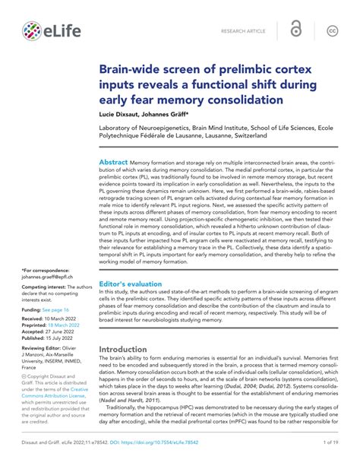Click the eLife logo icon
coord(31,31)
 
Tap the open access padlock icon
coord(295,30)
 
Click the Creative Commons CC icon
coord(332,30)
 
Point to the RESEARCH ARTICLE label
coord(243,31)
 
